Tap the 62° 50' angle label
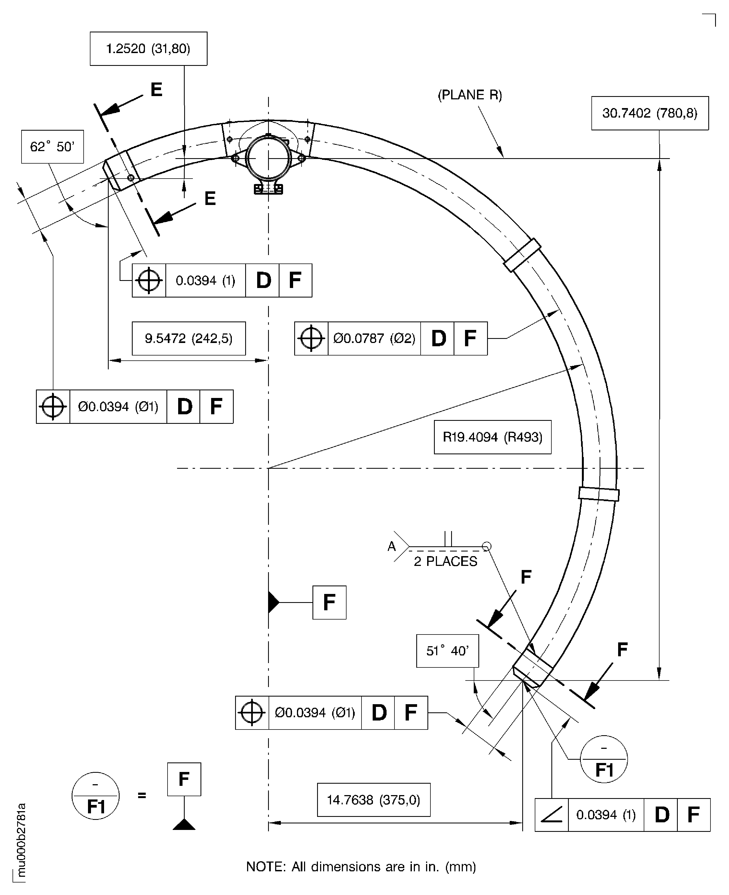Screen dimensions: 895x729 point(52,147)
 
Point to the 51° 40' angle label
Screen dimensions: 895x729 point(447,651)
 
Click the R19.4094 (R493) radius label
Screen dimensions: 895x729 point(492,437)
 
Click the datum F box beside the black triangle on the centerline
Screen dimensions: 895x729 point(329,603)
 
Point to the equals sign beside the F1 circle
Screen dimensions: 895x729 point(142,795)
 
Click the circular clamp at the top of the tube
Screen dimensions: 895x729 point(268,159)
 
